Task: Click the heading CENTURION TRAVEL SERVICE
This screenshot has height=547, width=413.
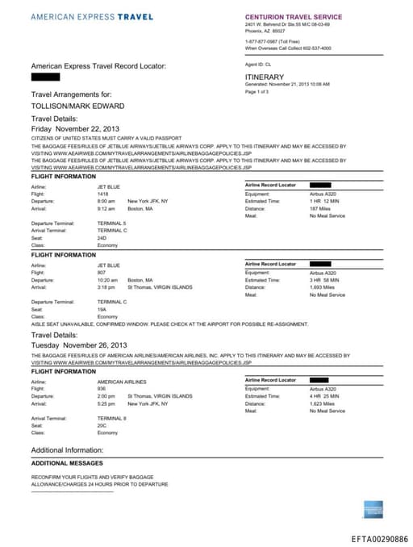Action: tap(293, 17)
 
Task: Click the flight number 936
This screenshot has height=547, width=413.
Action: tap(102, 388)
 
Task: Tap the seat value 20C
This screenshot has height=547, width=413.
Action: tap(102, 426)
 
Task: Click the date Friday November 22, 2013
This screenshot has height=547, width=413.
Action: tap(75, 128)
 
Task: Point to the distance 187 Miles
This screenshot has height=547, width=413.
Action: tap(320, 207)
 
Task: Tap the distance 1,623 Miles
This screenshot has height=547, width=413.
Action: tap(323, 403)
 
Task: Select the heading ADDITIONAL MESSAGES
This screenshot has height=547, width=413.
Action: tap(67, 463)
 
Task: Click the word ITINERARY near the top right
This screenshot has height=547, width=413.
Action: tap(265, 77)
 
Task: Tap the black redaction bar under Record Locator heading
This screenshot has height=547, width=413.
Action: tap(45, 77)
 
